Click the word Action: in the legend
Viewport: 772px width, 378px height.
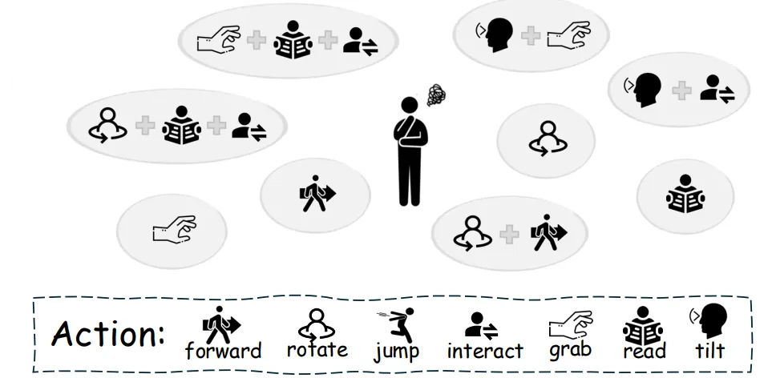tap(108, 333)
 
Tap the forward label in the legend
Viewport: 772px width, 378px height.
tap(223, 351)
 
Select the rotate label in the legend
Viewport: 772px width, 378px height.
tap(317, 349)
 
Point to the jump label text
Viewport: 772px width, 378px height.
tap(396, 352)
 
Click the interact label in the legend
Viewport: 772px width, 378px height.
tap(484, 351)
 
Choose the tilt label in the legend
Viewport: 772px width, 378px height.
tap(709, 350)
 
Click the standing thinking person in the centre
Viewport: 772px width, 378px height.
tap(410, 152)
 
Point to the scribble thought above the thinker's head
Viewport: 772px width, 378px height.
tap(435, 96)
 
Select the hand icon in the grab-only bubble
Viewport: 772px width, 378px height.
tap(174, 228)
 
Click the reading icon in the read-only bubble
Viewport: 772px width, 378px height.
tap(684, 193)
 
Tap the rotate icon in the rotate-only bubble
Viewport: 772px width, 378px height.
tap(546, 138)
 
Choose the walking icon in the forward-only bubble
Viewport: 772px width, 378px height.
tap(317, 193)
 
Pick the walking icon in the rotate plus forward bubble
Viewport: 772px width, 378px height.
tap(548, 232)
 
